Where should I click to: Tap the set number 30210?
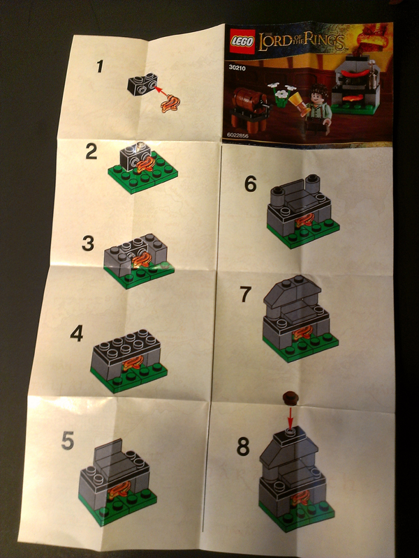click(238, 68)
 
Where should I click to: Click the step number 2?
click(91, 152)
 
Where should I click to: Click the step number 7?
click(245, 294)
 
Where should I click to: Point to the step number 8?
click(242, 447)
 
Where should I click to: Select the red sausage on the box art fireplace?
click(351, 70)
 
